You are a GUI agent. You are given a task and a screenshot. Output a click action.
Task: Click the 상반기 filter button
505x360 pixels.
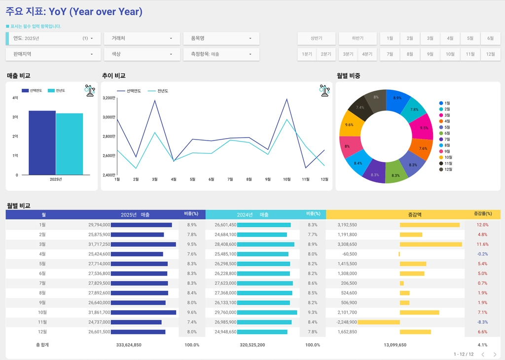point(316,38)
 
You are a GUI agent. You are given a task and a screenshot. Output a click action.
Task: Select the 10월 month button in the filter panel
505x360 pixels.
point(450,54)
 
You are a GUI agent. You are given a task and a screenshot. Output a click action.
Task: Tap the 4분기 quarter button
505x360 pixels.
point(367,54)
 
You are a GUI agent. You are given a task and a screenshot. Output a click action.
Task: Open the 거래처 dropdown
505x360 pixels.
point(141,38)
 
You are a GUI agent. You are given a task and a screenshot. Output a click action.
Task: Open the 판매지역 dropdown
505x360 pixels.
point(53,54)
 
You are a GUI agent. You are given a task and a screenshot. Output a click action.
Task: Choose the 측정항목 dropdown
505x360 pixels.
point(221,54)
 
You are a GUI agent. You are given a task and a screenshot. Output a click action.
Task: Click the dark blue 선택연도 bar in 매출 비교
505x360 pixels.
point(42,143)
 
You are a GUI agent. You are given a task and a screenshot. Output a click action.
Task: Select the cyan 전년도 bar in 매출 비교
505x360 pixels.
point(69,144)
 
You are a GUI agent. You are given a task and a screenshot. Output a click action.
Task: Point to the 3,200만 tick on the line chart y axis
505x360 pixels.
point(109,98)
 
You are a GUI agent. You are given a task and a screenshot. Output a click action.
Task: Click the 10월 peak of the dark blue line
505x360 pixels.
point(287,99)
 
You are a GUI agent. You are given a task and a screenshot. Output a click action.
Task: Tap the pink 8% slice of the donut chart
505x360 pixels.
point(347,146)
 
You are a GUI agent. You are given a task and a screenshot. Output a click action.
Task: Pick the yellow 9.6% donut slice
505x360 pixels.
point(349,125)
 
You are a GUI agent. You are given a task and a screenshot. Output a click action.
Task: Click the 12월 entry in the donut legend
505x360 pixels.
point(448,169)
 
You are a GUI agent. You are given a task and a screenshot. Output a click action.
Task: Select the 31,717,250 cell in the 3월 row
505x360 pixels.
point(99,244)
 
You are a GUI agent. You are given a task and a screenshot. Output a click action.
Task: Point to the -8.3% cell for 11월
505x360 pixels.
point(482,322)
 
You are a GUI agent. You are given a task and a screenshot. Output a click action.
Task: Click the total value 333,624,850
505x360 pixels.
point(129,345)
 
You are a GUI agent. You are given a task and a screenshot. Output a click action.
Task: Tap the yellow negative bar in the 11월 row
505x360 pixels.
point(378,322)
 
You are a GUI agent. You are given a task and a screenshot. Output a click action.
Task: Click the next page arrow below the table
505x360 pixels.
point(495,355)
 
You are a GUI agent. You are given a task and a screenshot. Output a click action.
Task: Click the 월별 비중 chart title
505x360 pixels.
point(348,76)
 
